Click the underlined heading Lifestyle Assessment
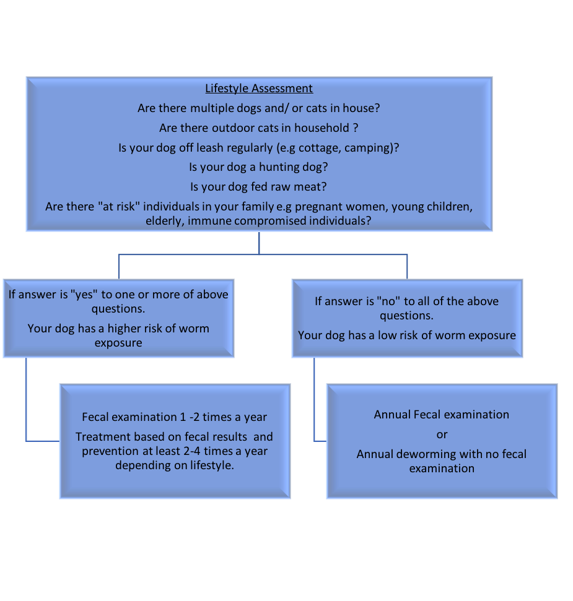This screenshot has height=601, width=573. pos(259,89)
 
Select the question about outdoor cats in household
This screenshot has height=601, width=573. pos(259,128)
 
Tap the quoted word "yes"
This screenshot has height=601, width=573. pos(84,295)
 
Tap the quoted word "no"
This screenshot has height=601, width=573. pos(389,301)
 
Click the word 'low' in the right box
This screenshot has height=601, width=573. pos(387,335)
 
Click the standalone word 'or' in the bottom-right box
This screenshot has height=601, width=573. pos(442,435)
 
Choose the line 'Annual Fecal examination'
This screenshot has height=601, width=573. pos(442,415)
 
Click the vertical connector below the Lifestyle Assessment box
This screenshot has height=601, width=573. pos(259,243)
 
